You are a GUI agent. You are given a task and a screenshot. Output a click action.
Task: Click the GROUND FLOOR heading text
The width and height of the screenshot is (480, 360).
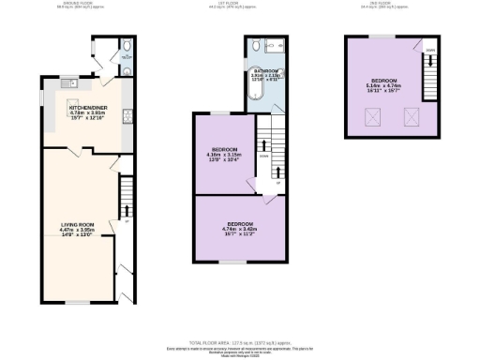[x=79, y=4]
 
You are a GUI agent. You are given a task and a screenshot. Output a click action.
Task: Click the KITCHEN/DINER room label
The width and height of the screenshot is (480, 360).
[x=89, y=107]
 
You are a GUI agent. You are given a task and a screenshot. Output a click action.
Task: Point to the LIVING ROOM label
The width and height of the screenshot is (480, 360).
[x=80, y=225]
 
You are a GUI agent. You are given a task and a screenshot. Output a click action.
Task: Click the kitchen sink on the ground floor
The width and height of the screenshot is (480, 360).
[x=68, y=85]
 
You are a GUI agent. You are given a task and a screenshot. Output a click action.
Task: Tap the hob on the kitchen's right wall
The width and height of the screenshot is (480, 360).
[x=127, y=117]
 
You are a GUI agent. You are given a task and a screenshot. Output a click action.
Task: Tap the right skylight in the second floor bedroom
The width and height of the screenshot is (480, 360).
[x=410, y=115]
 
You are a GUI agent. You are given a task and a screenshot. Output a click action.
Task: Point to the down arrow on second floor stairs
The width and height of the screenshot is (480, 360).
[x=429, y=51]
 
